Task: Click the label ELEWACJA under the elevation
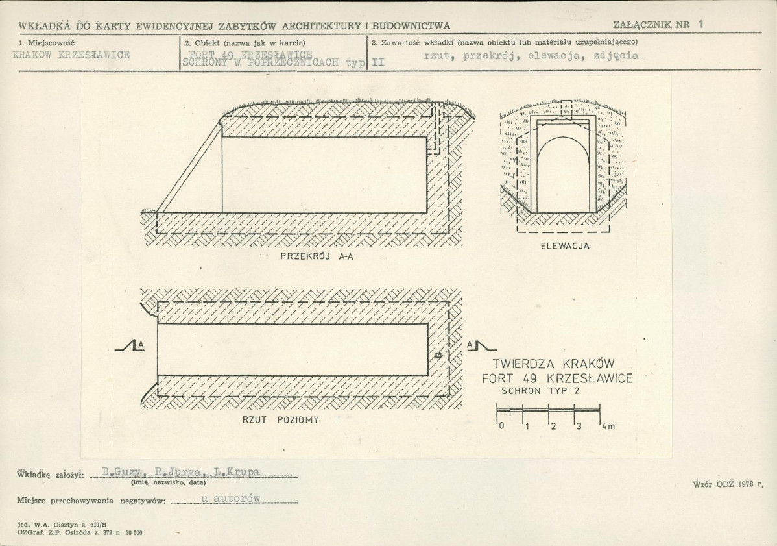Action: coord(564,246)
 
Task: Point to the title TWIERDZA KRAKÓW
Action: coord(553,364)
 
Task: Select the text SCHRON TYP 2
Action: coord(540,391)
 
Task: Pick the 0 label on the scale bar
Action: coord(501,427)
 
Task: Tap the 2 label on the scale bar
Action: coord(553,427)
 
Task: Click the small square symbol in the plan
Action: coord(438,354)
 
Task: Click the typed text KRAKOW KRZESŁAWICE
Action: coord(71,55)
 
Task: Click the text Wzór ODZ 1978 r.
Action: coord(728,484)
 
